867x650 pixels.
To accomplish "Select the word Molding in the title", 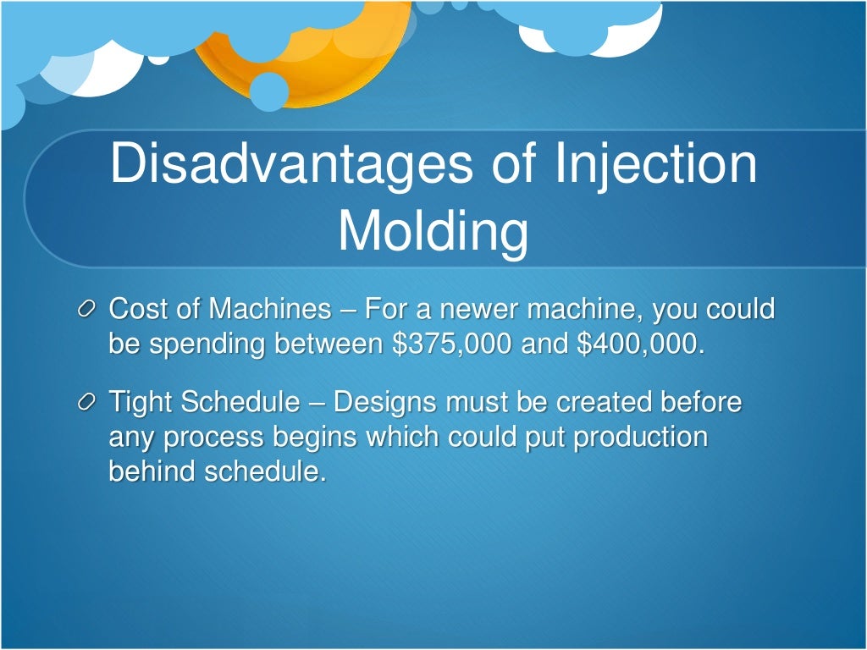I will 433,231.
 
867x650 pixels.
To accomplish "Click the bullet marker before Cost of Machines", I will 88,311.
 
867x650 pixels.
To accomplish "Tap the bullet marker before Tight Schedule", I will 88,404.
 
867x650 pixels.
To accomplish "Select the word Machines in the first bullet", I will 270,310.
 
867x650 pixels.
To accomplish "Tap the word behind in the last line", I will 152,471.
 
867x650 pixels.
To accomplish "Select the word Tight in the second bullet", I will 140,404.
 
